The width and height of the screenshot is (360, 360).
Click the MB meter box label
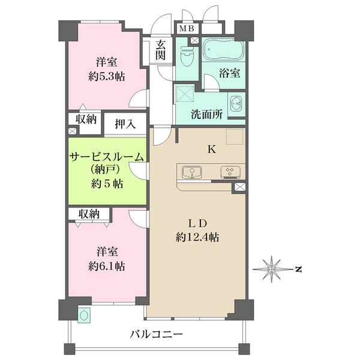click(187, 28)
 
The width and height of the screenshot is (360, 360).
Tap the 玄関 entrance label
click(160, 50)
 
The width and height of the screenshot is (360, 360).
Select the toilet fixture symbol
click(186, 56)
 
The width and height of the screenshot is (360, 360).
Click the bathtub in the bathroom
click(223, 50)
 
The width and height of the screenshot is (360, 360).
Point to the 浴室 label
click(229, 73)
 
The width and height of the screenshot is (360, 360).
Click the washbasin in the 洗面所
click(236, 105)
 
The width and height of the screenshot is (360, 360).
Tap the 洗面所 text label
click(207, 114)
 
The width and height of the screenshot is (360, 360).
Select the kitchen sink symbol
click(192, 172)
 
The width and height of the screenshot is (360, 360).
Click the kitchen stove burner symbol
click(230, 172)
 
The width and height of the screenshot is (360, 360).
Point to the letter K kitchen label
click(212, 149)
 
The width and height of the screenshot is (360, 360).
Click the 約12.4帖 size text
click(197, 237)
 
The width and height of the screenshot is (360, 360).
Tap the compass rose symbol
click(272, 269)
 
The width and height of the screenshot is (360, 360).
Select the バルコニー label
click(157, 334)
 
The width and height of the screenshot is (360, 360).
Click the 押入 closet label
click(125, 124)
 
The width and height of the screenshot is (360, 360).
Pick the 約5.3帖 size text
click(107, 76)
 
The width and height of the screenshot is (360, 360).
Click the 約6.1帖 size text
click(107, 266)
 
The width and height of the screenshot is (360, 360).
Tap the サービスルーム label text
click(107, 157)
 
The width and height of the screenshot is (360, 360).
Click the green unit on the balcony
click(84, 315)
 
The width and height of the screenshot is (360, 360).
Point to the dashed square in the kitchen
click(235, 137)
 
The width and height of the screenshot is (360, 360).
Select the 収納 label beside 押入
click(86, 119)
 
